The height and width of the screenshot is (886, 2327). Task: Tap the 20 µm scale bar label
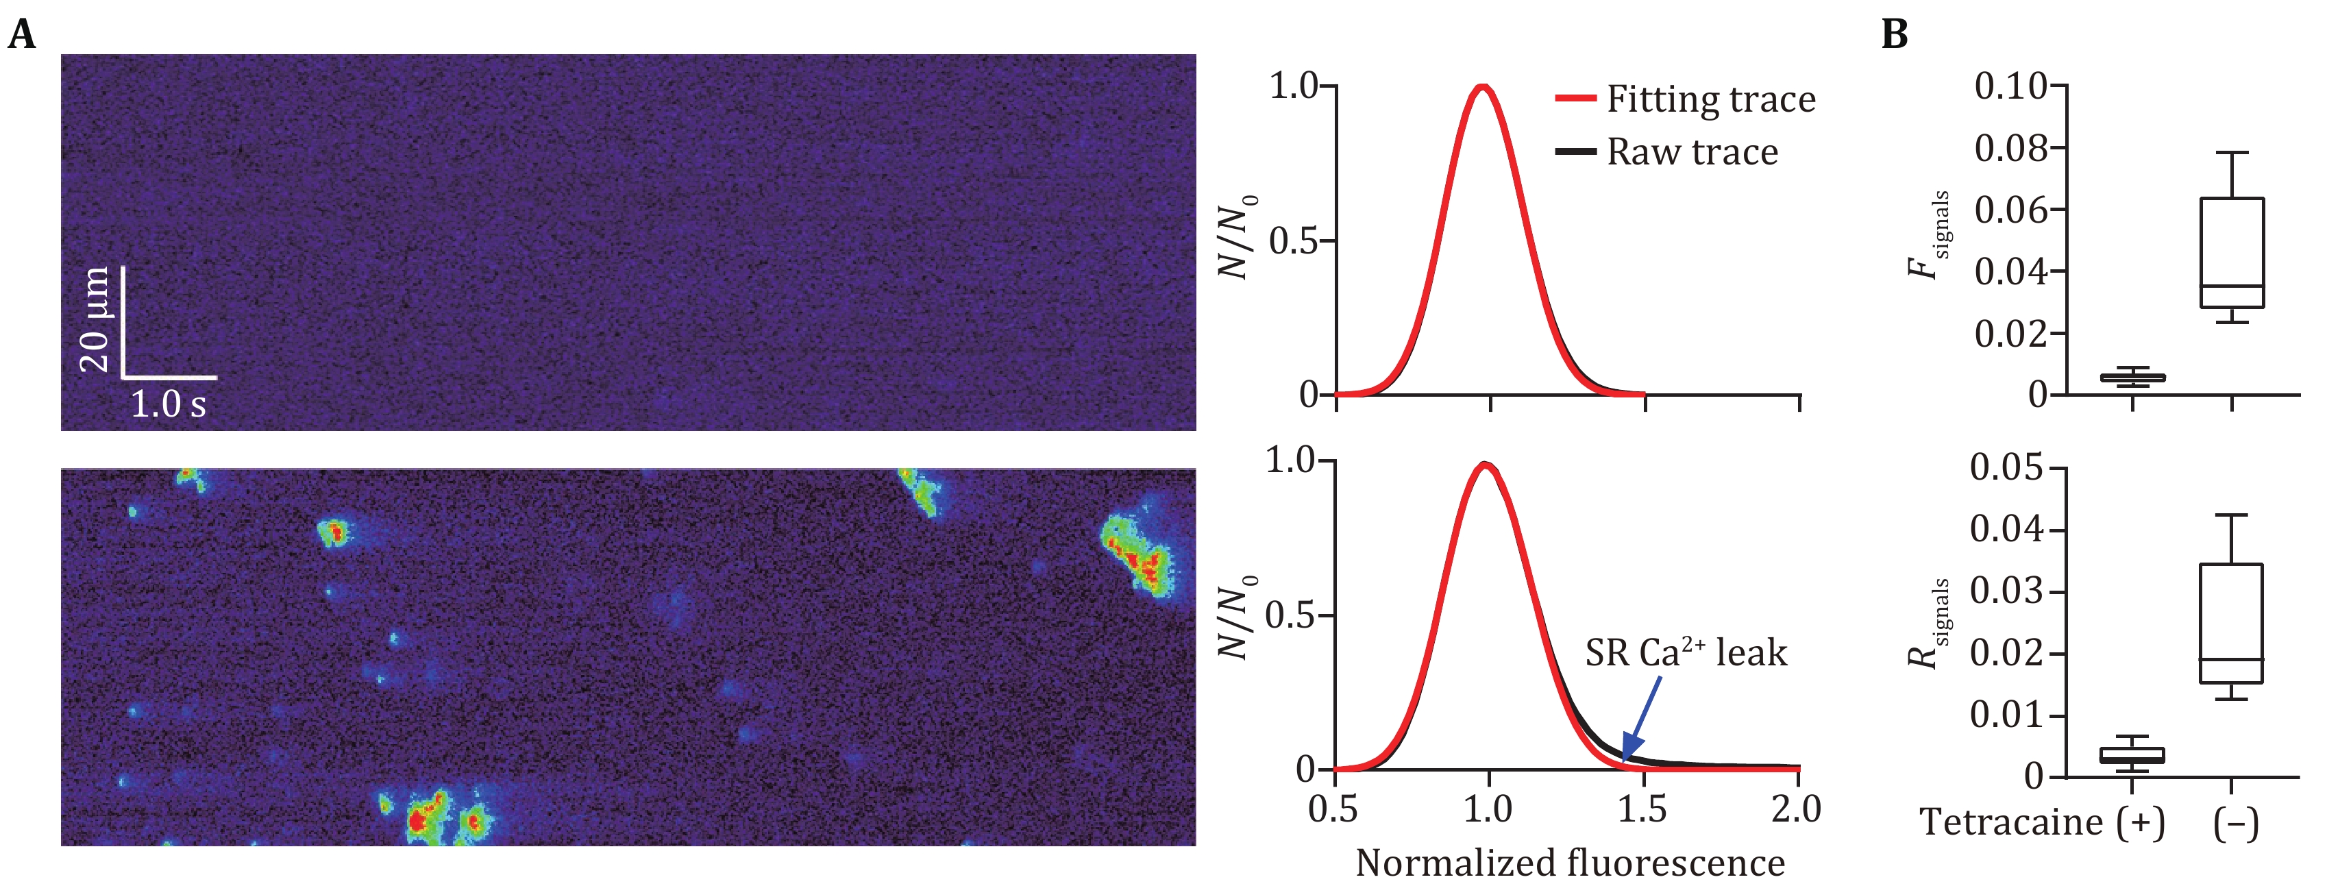pos(95,320)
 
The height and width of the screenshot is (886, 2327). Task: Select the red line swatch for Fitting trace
pos(1575,99)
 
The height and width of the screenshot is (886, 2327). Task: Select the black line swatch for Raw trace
pos(1575,151)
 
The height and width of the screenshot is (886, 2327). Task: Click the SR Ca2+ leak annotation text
pos(1686,652)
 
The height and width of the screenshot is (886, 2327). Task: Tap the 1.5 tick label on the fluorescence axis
pos(1642,809)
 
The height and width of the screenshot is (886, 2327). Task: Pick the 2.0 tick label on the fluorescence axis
pos(1797,809)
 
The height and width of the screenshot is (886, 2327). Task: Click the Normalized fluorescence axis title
pos(1570,863)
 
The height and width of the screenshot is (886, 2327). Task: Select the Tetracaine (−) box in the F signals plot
pos(2231,253)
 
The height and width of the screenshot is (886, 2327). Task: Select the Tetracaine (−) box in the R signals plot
pos(2230,623)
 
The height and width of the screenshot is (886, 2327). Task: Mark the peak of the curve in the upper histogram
pos(1482,87)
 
